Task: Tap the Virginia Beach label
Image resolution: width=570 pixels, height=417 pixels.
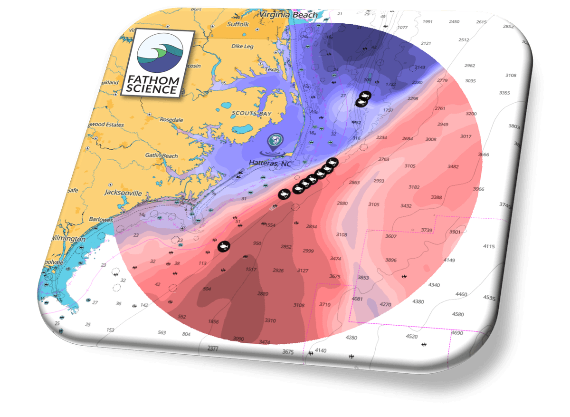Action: tap(289, 15)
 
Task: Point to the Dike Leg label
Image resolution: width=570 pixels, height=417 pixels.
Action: tap(242, 46)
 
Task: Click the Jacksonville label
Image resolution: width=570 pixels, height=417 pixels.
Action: tap(123, 193)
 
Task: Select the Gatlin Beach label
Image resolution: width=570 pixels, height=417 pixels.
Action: tap(162, 155)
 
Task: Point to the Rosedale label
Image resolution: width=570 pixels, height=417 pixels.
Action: tap(171, 120)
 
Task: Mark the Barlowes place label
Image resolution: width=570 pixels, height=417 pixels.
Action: tap(101, 220)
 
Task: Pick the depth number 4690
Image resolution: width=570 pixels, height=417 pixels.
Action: tap(457, 333)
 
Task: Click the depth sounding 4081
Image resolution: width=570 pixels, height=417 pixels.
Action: tap(357, 299)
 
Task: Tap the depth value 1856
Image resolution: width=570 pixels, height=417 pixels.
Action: tap(213, 321)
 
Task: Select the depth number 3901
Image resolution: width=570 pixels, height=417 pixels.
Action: tap(455, 232)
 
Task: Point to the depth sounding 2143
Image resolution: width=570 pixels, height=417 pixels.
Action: tap(420, 68)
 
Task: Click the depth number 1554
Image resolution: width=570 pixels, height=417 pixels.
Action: tap(271, 225)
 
